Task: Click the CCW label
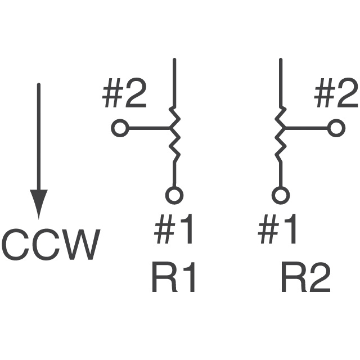tap(51, 245)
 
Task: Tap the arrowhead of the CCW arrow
tap(38, 204)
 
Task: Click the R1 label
tap(174, 278)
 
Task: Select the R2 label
tap(305, 278)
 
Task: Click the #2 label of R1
tap(124, 96)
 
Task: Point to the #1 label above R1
tap(174, 231)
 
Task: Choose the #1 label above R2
tap(278, 231)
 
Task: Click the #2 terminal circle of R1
tap(119, 128)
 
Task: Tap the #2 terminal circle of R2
tap(336, 128)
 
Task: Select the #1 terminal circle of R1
tap(174, 195)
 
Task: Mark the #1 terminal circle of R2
tap(280, 195)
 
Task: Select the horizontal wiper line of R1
tap(148, 128)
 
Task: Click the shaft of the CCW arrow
tap(38, 135)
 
